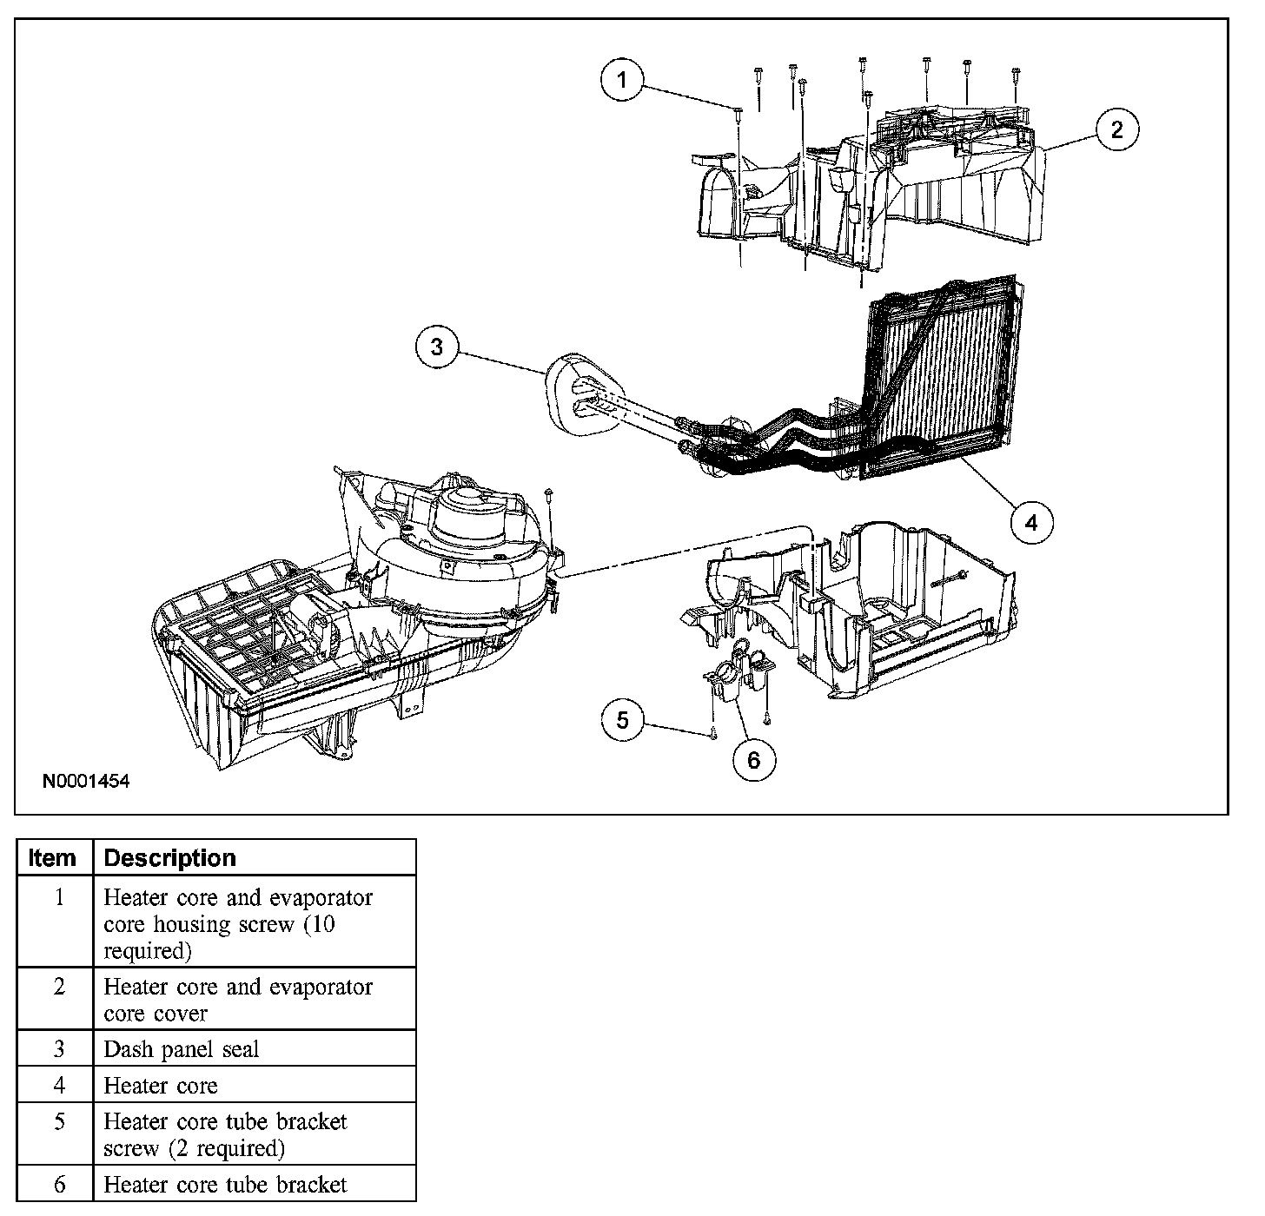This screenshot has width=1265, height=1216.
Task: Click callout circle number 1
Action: point(621,82)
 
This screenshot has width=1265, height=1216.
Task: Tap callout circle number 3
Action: point(437,347)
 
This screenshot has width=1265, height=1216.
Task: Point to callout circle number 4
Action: point(1031,523)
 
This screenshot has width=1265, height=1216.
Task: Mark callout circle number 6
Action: point(753,760)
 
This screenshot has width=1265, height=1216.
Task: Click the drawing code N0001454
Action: point(86,782)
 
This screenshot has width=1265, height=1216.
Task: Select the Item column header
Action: point(52,858)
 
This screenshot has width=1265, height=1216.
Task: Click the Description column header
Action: point(169,858)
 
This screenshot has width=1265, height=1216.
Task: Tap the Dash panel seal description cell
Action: point(182,1049)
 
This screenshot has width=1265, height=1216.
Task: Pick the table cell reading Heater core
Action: point(161,1086)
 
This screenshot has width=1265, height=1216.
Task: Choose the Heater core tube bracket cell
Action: point(225,1185)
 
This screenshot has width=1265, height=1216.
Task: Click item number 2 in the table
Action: point(59,988)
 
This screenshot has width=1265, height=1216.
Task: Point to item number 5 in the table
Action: point(59,1122)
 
